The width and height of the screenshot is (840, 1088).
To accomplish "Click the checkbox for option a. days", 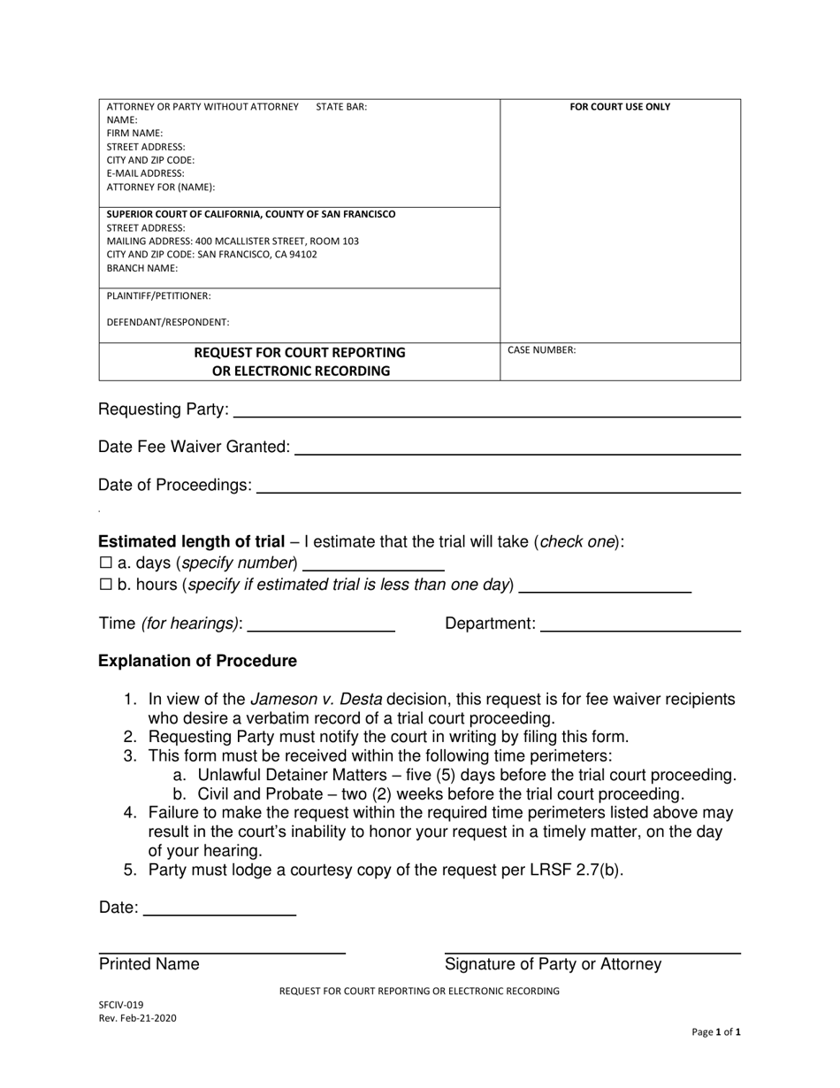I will [105, 563].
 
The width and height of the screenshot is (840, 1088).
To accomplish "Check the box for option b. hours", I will [105, 585].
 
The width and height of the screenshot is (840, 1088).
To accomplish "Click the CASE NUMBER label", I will [541, 350].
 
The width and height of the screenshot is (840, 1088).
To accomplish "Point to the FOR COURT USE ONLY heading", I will [620, 107].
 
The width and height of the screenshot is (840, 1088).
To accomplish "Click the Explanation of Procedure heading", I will [197, 662].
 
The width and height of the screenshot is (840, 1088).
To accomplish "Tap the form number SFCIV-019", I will [120, 1005].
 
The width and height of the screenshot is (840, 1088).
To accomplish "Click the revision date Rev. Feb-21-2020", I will [137, 1018].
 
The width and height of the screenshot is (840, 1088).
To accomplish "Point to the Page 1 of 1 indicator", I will [715, 1032].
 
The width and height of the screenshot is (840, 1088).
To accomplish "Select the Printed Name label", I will [149, 965].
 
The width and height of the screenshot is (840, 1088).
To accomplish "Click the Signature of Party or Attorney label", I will [553, 965].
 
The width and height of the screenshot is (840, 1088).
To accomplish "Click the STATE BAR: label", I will [341, 107].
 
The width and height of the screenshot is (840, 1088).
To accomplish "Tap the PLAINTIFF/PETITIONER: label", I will [159, 296].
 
